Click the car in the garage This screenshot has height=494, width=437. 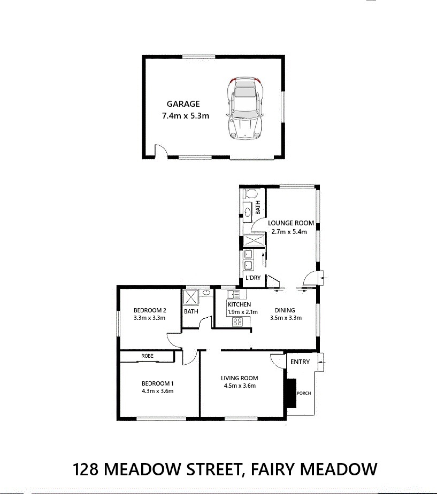245,108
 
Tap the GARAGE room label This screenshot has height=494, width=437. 183,104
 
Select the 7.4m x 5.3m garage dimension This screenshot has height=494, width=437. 186,116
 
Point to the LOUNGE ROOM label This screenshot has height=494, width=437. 291,223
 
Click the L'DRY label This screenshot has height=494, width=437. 253,278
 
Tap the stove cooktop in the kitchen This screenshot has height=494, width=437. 237,322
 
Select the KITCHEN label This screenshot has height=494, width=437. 240,304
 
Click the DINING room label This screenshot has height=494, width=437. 285,310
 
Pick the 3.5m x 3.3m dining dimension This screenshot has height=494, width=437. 286,318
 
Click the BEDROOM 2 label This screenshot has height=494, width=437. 150,310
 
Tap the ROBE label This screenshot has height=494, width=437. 147,356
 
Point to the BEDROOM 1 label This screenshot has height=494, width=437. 157,383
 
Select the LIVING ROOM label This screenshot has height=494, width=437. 240,378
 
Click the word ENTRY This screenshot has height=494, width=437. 300,362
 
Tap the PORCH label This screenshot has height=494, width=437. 304,393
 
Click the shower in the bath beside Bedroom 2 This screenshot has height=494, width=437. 190,297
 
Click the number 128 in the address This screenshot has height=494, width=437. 85,469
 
